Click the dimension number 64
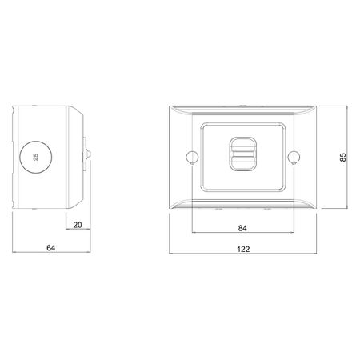click(x=50, y=249)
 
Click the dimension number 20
click(x=77, y=225)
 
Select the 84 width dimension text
click(x=242, y=228)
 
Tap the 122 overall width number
click(x=244, y=250)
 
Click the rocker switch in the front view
click(x=242, y=154)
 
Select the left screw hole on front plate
click(x=191, y=154)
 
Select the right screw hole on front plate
click(x=294, y=154)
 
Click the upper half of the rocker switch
click(x=242, y=145)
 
